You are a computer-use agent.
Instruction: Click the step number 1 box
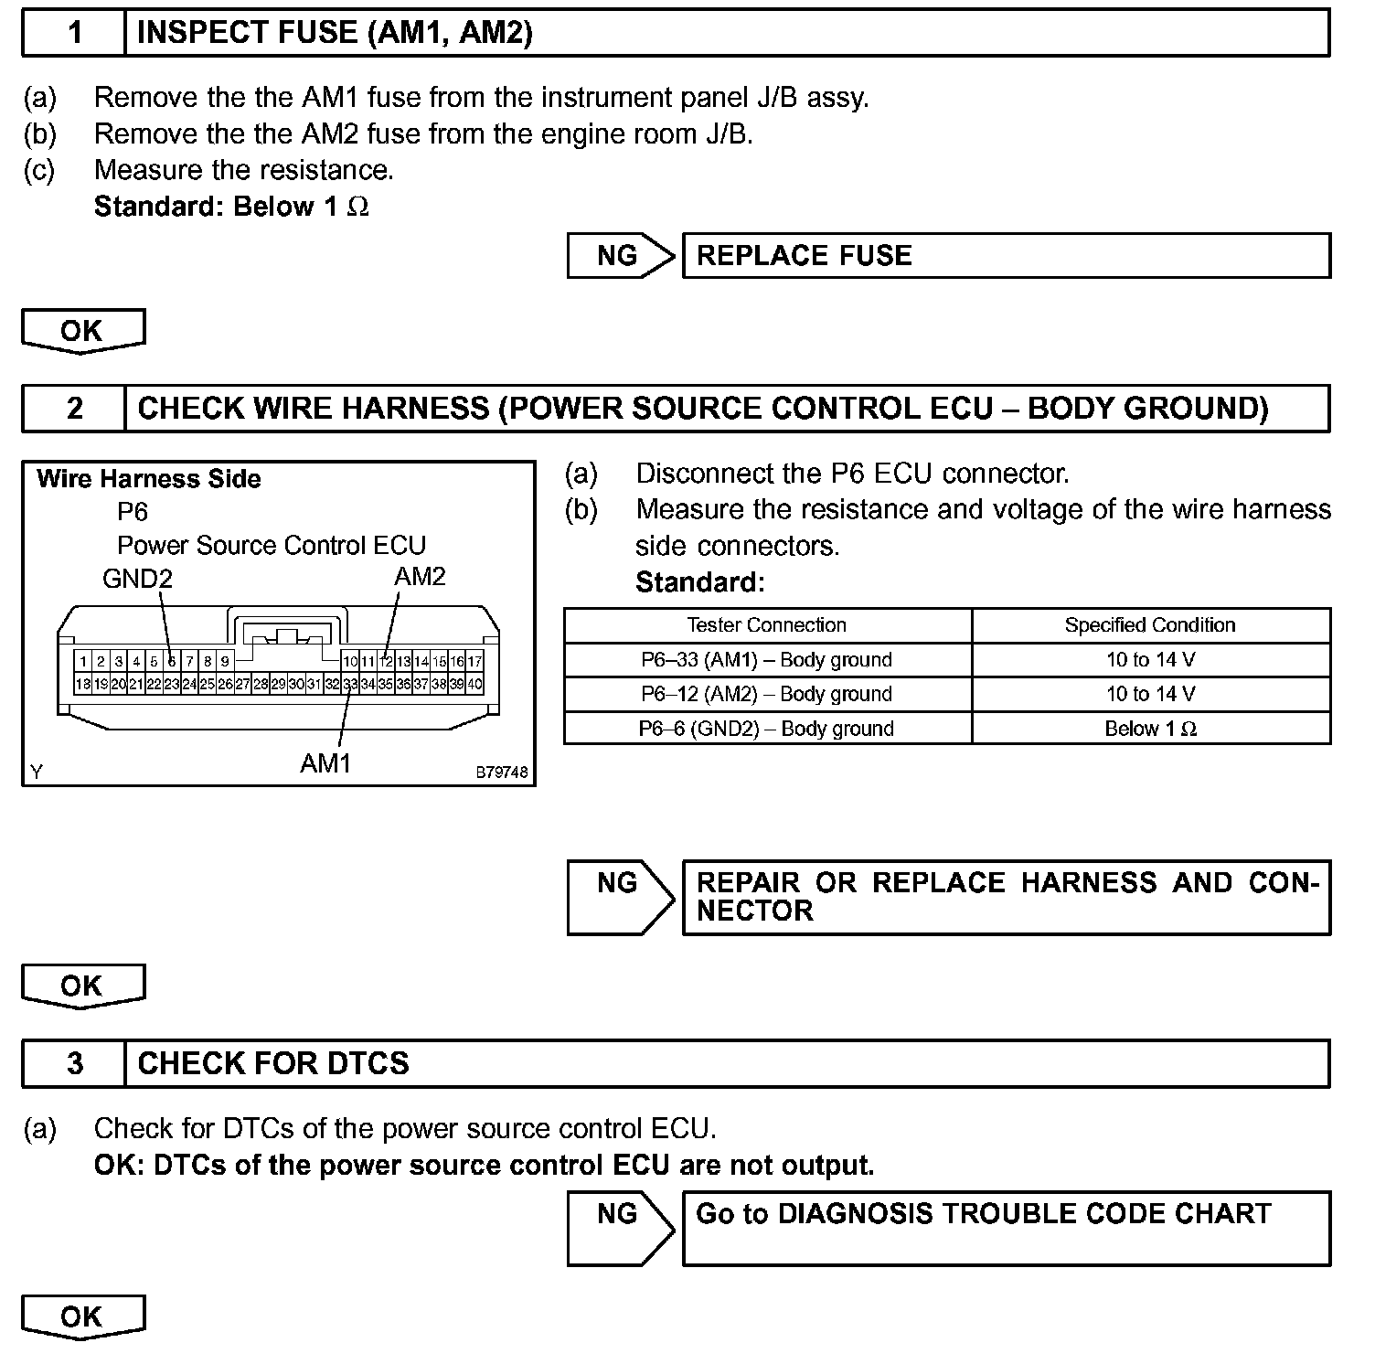pyautogui.click(x=74, y=33)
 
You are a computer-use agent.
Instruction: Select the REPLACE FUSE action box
pyautogui.click(x=1006, y=255)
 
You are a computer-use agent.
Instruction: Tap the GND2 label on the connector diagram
pyautogui.click(x=137, y=579)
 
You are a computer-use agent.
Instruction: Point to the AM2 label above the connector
pyautogui.click(x=420, y=576)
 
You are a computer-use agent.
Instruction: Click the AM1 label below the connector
pyautogui.click(x=325, y=762)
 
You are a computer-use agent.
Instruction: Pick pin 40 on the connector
pyautogui.click(x=475, y=684)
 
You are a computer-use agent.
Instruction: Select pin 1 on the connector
pyautogui.click(x=83, y=661)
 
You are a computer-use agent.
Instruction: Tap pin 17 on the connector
pyautogui.click(x=475, y=661)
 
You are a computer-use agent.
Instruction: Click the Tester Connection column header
pyautogui.click(x=767, y=625)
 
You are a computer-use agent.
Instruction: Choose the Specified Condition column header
pyautogui.click(x=1150, y=625)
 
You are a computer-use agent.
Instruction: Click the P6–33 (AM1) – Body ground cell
pyautogui.click(x=767, y=660)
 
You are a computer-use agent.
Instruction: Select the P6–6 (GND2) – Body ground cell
pyautogui.click(x=767, y=729)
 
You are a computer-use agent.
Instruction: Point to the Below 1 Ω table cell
pyautogui.click(x=1150, y=729)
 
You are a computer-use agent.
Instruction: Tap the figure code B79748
pyautogui.click(x=501, y=773)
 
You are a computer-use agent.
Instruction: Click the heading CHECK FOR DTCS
pyautogui.click(x=273, y=1063)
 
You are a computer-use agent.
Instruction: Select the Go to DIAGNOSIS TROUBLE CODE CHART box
pyautogui.click(x=1006, y=1228)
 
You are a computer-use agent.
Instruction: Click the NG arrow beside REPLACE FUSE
pyautogui.click(x=620, y=255)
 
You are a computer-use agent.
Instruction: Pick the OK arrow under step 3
pyautogui.click(x=82, y=1316)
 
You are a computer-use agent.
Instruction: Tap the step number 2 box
pyautogui.click(x=74, y=408)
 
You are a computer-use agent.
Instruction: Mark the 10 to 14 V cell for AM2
pyautogui.click(x=1150, y=694)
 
